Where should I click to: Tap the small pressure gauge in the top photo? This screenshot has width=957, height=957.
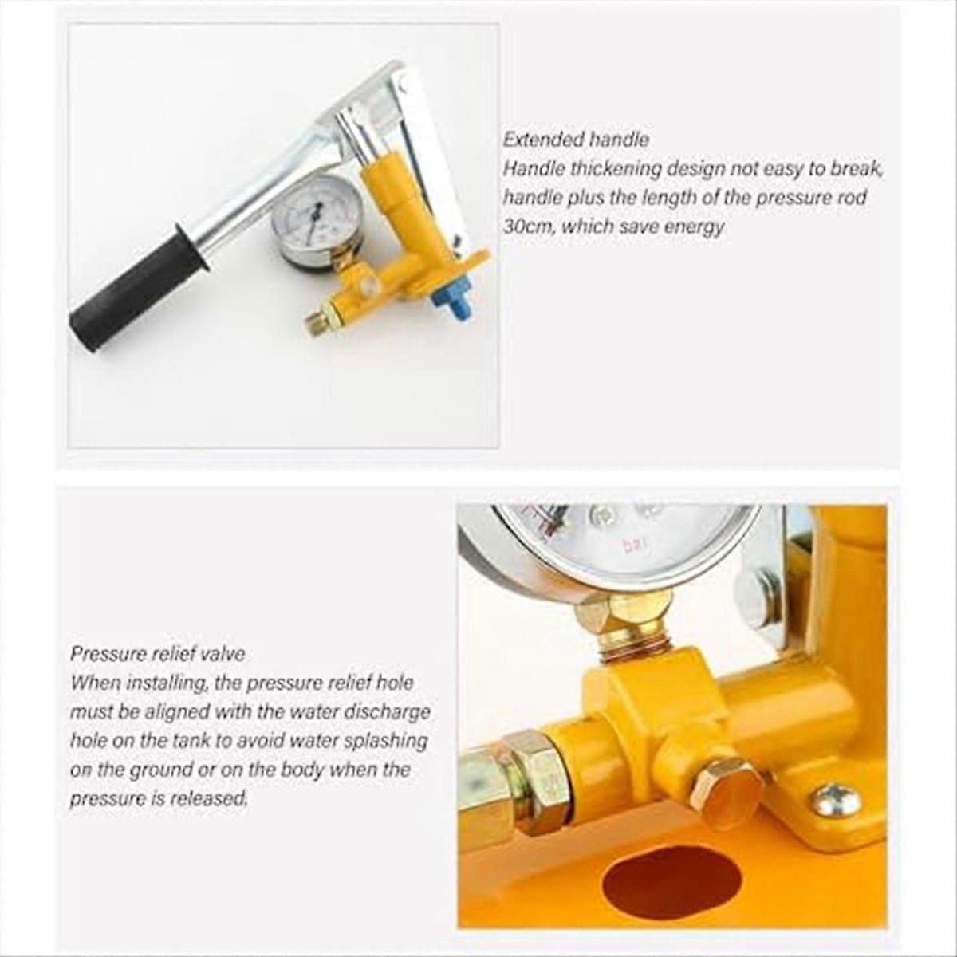(x=317, y=219)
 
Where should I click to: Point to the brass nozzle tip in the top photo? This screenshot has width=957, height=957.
(x=317, y=321)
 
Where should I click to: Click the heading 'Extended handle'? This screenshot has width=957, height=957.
(x=575, y=140)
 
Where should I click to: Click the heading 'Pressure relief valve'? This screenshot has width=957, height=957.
(x=157, y=654)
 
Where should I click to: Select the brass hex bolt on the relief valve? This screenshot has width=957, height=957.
(x=725, y=792)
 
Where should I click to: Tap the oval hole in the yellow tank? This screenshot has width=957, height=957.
(x=671, y=881)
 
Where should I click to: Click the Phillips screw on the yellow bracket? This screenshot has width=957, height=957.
(x=837, y=800)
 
